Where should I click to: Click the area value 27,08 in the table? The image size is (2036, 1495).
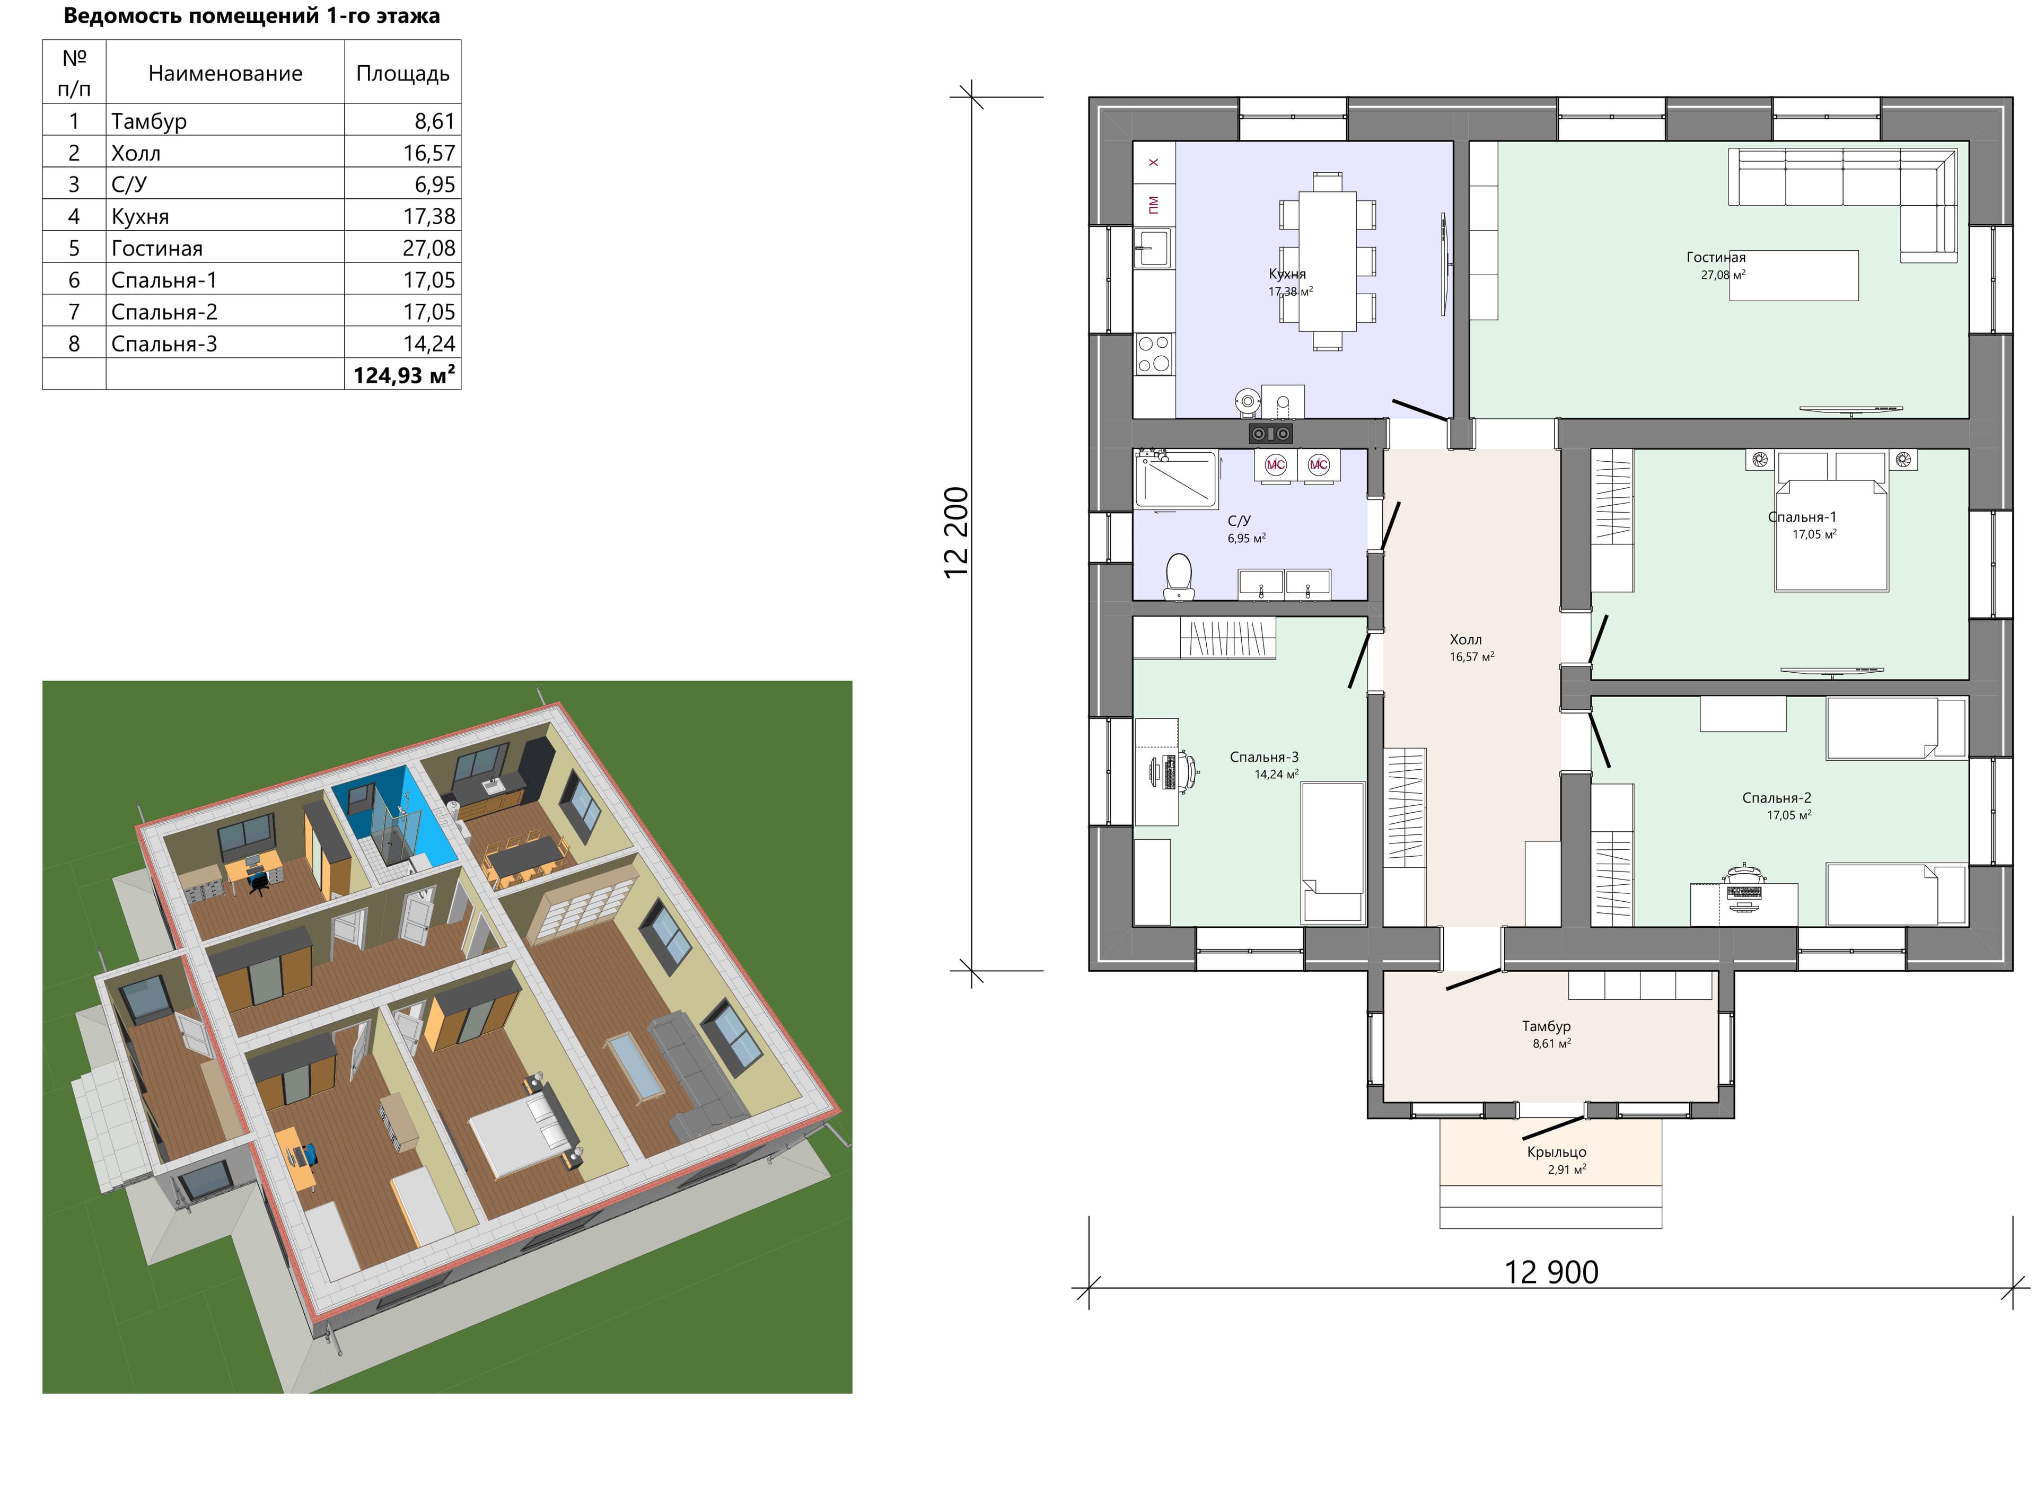point(429,248)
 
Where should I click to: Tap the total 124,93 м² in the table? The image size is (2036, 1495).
point(403,375)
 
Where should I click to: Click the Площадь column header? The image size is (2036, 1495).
point(402,73)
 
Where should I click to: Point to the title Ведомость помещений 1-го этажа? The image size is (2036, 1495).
point(251,15)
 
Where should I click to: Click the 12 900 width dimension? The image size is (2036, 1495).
point(1551,1272)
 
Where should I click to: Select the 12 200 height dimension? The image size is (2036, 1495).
point(956,533)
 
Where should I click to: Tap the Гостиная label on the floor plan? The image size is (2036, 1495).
point(1716,257)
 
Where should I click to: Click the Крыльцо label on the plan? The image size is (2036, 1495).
point(1556,1152)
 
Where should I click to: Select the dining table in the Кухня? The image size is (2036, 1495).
point(1328,261)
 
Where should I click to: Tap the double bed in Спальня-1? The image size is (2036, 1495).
point(1831,534)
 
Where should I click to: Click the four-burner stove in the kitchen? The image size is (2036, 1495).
point(1154,354)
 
